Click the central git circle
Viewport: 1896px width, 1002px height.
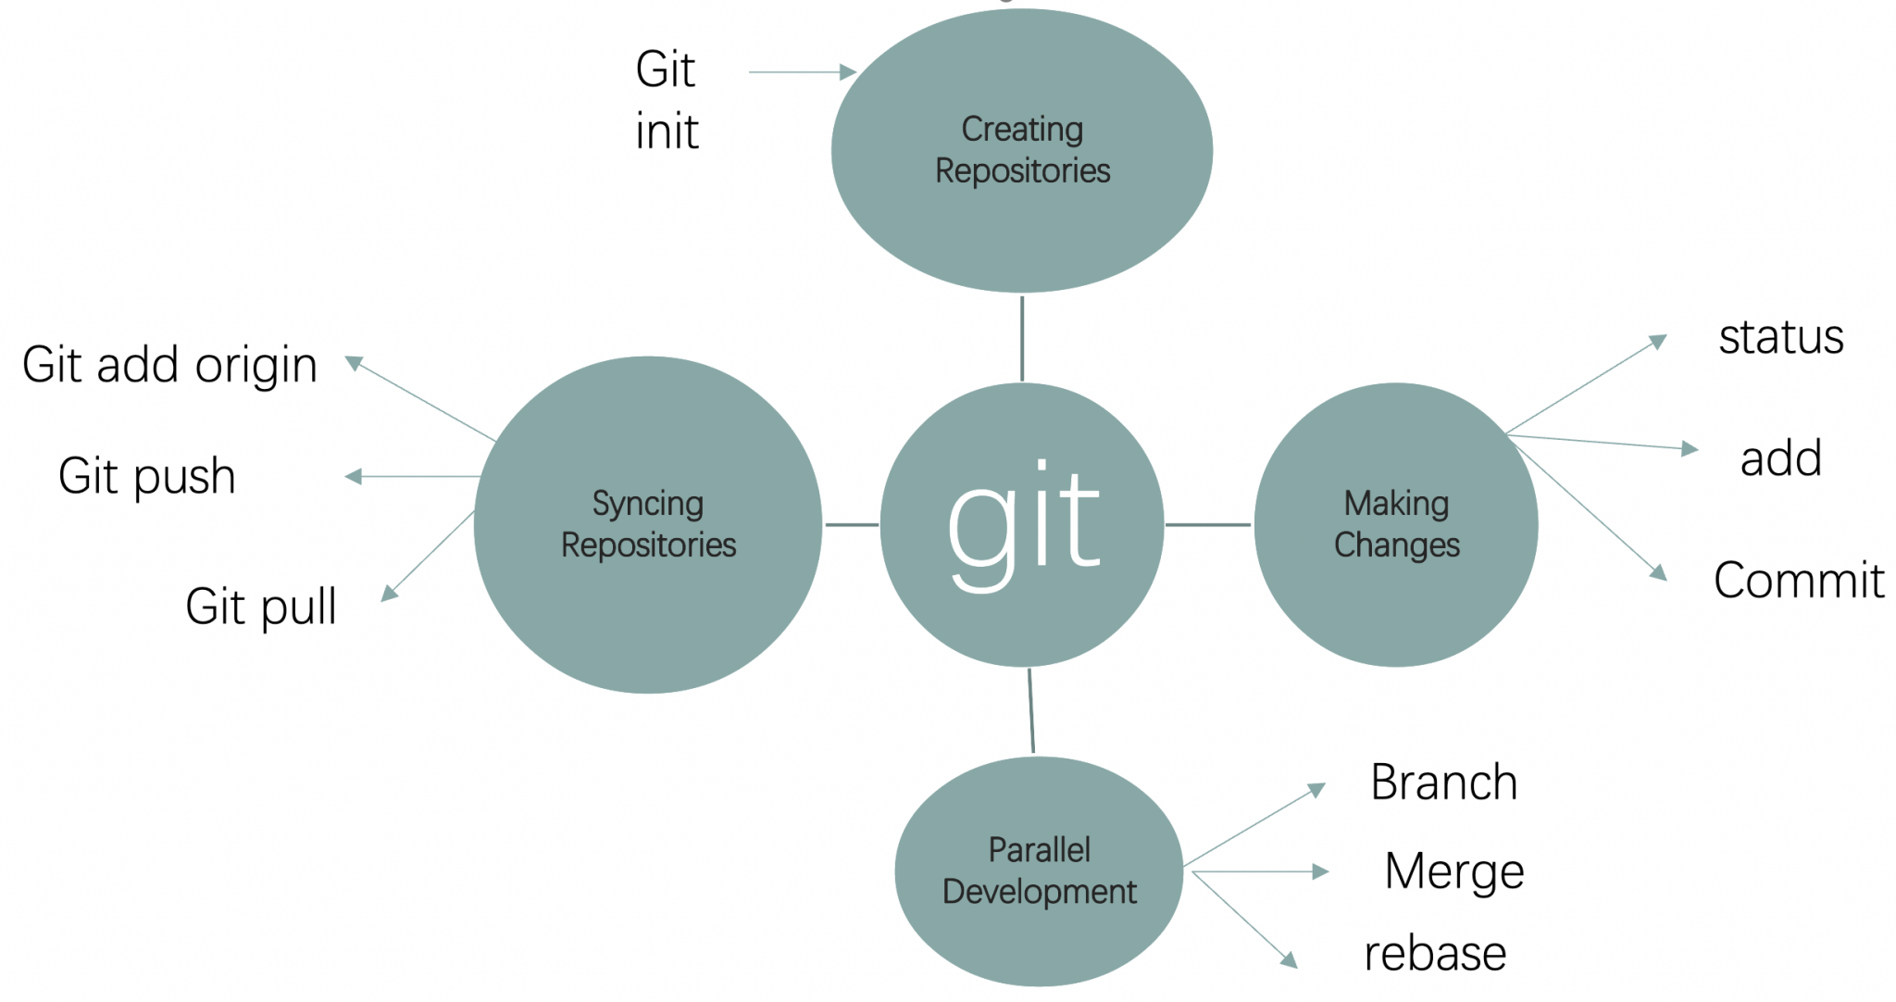click(1022, 524)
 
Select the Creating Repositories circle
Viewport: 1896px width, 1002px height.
click(1022, 150)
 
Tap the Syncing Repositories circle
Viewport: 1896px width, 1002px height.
click(648, 524)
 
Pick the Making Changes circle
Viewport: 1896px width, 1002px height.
click(1396, 524)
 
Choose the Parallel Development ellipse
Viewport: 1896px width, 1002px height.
click(1039, 870)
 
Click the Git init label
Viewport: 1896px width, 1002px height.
click(667, 100)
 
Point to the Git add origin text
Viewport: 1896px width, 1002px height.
click(169, 365)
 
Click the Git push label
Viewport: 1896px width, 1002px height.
click(146, 476)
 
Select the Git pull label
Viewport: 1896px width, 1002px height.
click(260, 607)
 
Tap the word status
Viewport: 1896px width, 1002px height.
click(1781, 337)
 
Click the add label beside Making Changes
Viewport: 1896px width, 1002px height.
click(1781, 458)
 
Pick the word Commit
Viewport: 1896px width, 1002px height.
click(1799, 581)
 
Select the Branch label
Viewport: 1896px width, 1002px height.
click(1444, 783)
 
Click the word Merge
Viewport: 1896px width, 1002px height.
click(1454, 871)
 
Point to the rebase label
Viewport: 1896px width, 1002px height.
click(1435, 953)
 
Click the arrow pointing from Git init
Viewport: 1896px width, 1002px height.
click(802, 71)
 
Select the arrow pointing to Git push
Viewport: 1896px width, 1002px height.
click(413, 476)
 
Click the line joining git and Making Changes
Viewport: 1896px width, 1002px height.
click(1208, 524)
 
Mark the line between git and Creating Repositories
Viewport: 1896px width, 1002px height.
click(1022, 338)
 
